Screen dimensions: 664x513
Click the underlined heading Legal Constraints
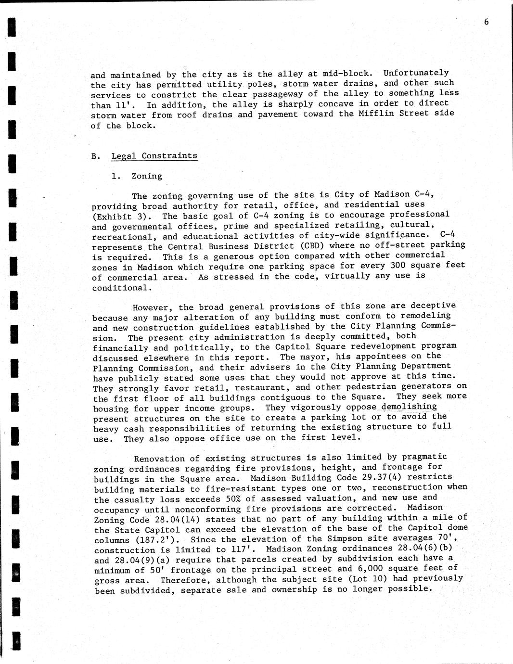154,156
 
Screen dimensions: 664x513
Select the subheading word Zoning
147,176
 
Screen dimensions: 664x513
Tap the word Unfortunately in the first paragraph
416,73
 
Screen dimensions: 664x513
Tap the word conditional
122,288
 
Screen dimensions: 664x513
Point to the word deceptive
430,305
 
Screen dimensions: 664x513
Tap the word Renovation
159,459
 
